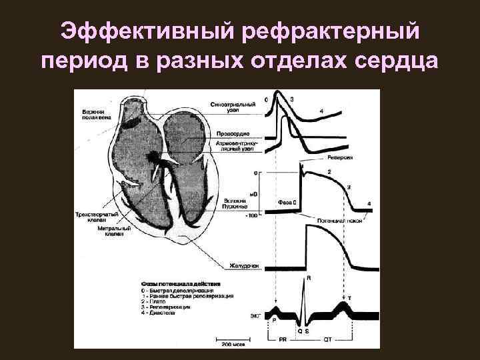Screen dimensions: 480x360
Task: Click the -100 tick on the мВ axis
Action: coord(250,215)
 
